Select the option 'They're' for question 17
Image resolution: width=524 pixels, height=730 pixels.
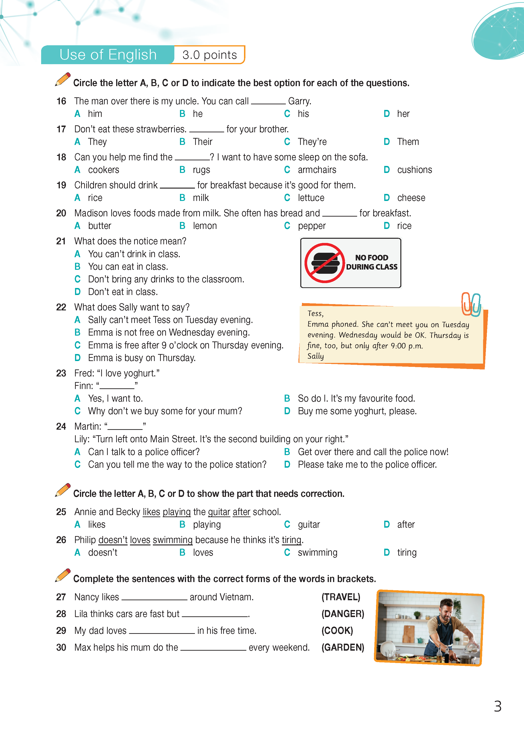(312, 142)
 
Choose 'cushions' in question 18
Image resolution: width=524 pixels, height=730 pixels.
(414, 170)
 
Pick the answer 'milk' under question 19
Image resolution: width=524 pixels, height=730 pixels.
(201, 198)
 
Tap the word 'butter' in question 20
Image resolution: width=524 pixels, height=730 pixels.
(100, 226)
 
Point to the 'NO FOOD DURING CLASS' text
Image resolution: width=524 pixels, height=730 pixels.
(372, 262)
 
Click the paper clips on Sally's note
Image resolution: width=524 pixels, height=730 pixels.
(471, 304)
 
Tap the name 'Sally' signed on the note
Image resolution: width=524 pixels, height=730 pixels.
(316, 356)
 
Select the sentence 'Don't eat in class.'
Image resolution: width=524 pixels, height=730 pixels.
(123, 292)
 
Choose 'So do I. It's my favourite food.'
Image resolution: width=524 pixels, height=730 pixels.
(356, 398)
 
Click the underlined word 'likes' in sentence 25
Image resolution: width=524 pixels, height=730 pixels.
(151, 512)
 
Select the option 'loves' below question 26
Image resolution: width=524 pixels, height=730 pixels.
(203, 552)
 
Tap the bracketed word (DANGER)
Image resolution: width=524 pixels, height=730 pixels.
(343, 614)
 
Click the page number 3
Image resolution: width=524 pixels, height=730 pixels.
(498, 706)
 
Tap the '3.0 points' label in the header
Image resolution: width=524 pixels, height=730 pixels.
(209, 55)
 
